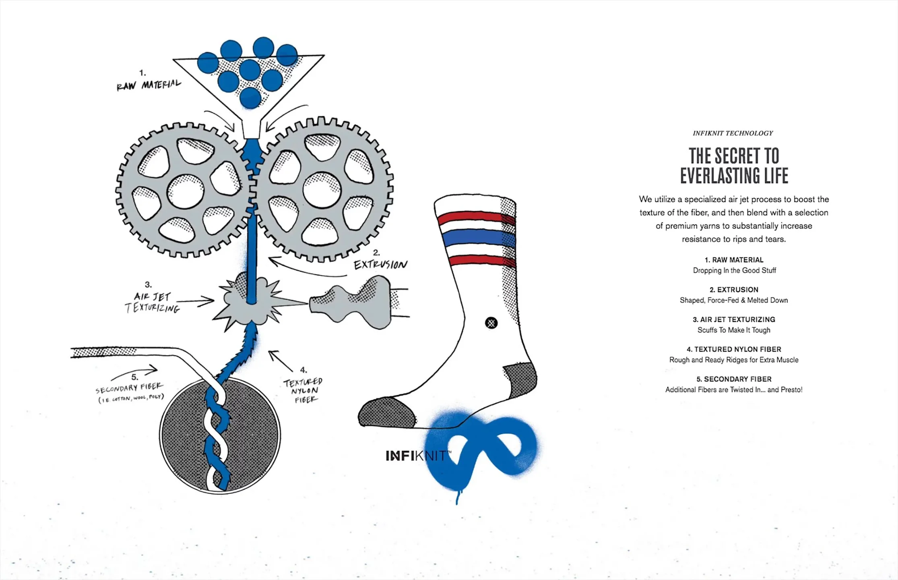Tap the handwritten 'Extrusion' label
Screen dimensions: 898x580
click(380, 265)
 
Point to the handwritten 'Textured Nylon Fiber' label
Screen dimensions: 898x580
click(303, 390)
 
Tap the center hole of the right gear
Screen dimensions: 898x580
click(322, 190)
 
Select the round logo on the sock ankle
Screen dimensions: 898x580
click(491, 323)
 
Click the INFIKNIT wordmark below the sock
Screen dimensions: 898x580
click(416, 456)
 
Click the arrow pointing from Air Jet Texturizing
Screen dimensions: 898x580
click(195, 301)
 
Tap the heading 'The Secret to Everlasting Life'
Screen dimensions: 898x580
click(734, 166)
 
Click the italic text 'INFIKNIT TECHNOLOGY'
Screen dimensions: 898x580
click(733, 133)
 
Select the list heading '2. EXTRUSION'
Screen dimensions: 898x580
click(734, 290)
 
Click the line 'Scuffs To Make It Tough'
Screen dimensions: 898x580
click(734, 330)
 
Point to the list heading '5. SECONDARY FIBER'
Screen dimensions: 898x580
click(734, 379)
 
